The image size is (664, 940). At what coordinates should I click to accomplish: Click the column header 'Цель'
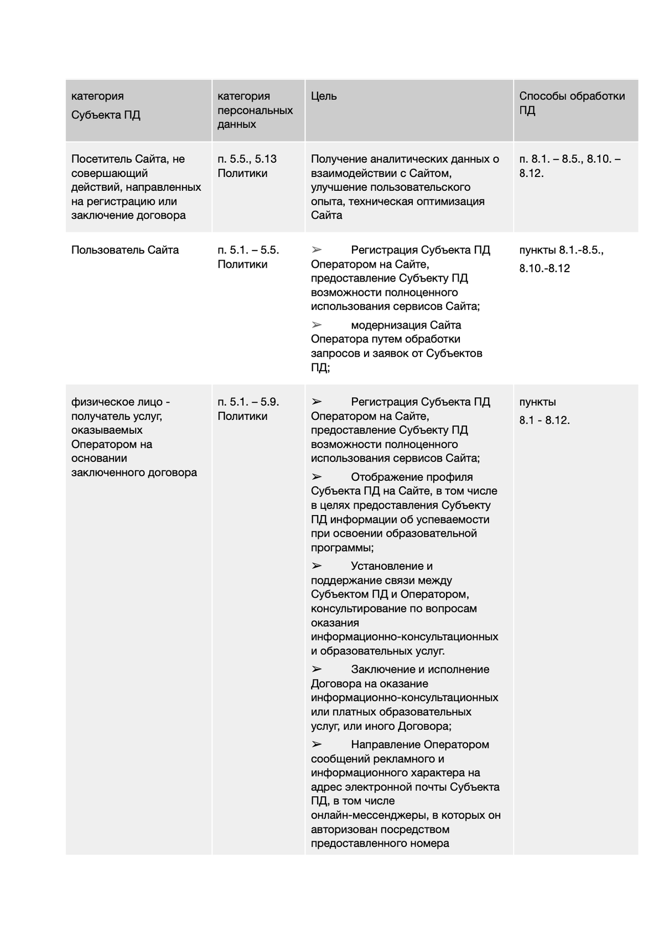coord(324,96)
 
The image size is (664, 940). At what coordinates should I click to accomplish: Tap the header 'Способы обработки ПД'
coord(572,103)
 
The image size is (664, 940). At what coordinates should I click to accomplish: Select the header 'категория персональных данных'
coord(255,110)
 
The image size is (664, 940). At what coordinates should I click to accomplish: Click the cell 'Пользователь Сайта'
coord(125,250)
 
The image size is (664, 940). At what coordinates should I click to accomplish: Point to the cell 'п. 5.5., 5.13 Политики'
coord(247,166)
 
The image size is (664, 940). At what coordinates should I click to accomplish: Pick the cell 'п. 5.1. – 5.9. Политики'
coord(248,409)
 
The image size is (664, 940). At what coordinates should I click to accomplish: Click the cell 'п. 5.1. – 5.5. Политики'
coord(248,257)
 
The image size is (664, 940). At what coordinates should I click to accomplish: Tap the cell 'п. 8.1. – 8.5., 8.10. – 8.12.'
coord(569,166)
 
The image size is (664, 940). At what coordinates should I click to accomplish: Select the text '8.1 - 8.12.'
coord(544,420)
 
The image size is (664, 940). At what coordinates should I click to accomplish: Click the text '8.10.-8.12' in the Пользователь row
coord(544,269)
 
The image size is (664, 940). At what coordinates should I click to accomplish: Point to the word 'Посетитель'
coord(99,159)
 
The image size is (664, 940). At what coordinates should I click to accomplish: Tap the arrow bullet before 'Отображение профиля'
coord(317,476)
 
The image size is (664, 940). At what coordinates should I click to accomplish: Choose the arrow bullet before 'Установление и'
coord(317,565)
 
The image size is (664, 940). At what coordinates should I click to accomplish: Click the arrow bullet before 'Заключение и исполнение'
coord(317,669)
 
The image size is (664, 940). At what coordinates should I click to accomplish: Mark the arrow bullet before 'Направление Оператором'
coord(317,744)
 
